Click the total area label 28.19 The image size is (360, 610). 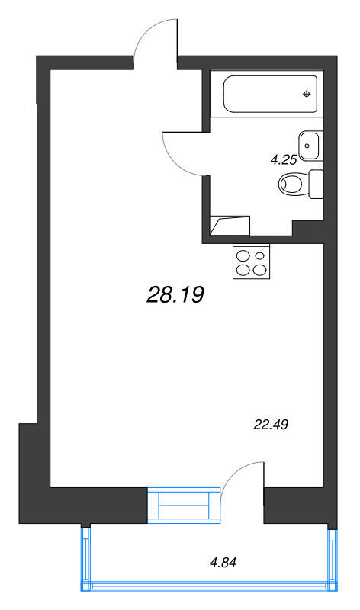(175, 294)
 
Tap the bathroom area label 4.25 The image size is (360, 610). (284, 159)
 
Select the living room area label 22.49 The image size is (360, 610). (271, 425)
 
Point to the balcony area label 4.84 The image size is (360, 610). (223, 562)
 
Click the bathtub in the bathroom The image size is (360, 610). (270, 94)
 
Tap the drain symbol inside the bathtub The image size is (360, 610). (307, 94)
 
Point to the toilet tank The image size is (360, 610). (316, 184)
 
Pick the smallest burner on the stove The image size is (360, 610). (259, 255)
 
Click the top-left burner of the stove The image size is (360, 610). (243, 256)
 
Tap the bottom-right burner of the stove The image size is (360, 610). (259, 270)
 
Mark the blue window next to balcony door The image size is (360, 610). (184, 505)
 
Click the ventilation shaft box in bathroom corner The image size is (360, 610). (230, 226)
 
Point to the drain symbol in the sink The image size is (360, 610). (307, 146)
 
